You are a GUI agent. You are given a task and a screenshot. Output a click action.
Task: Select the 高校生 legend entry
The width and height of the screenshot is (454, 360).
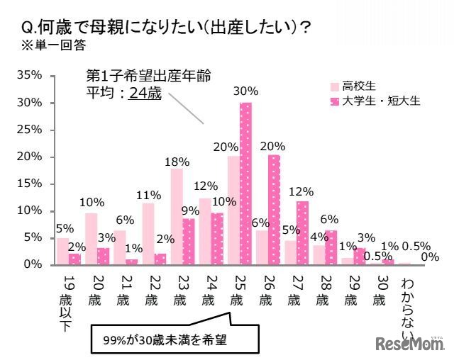(x=348, y=86)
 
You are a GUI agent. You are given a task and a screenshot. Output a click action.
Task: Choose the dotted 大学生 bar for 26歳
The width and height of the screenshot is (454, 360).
(x=274, y=209)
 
